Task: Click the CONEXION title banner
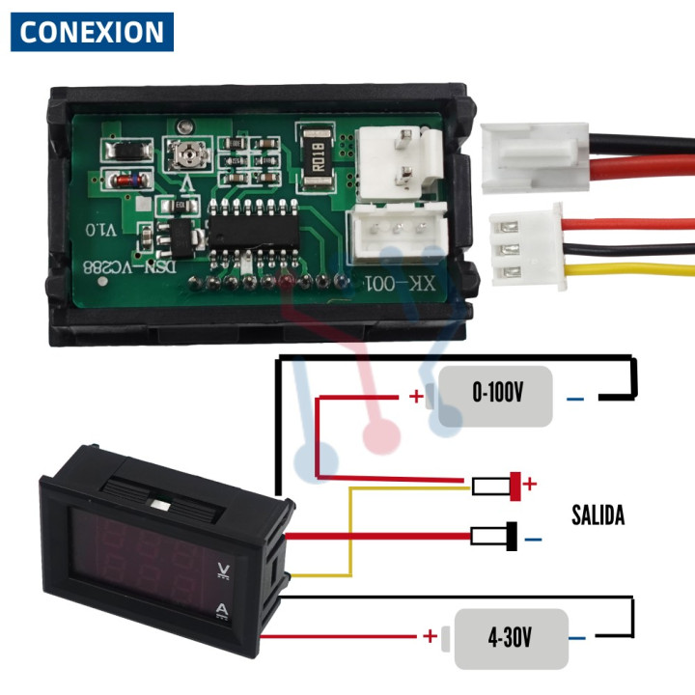[92, 32]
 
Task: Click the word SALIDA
[598, 515]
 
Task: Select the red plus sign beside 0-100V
[416, 397]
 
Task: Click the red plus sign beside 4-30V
[429, 636]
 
